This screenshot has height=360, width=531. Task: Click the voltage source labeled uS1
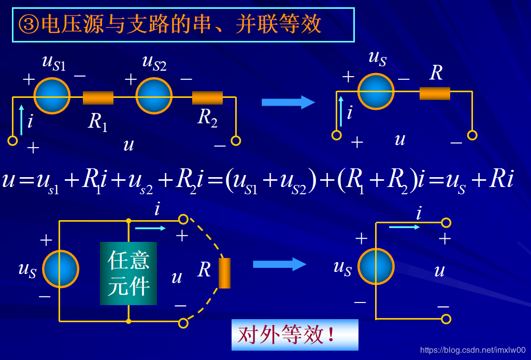click(52, 96)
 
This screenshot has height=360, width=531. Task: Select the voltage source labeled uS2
click(153, 96)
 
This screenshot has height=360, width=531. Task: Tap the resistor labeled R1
click(98, 97)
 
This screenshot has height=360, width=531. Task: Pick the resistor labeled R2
click(207, 97)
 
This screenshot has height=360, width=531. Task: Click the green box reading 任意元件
click(128, 273)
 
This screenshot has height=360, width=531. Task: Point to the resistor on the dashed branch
click(224, 272)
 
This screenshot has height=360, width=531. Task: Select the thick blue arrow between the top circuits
click(288, 102)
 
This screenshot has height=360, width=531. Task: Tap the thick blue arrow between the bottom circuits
click(279, 264)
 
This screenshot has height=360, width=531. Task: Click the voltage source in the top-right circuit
click(376, 92)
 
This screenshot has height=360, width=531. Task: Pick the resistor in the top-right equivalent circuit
click(435, 93)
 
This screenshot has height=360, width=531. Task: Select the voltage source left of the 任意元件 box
click(61, 269)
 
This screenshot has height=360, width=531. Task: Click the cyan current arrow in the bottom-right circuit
click(405, 226)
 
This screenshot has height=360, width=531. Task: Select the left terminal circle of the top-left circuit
click(13, 140)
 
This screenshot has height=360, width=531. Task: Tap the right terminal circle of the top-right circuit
click(472, 135)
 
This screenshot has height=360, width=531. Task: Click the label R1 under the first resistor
click(97, 122)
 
